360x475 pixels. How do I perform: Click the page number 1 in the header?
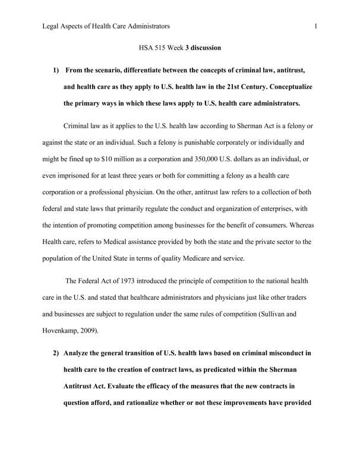click(316, 26)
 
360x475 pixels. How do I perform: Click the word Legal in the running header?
click(52, 26)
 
